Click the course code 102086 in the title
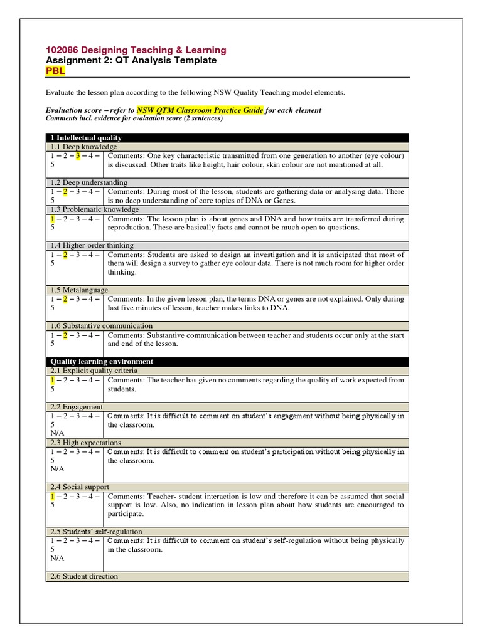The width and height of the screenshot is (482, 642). click(x=62, y=50)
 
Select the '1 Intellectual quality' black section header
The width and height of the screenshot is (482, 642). click(x=85, y=137)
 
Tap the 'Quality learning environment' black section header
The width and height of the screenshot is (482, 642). click(x=102, y=362)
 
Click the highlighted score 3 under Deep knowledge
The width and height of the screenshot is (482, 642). click(x=77, y=155)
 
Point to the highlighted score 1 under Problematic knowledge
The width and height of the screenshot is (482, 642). click(x=51, y=219)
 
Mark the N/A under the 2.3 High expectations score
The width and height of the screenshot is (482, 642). click(x=56, y=469)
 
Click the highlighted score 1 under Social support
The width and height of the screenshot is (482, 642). click(x=51, y=496)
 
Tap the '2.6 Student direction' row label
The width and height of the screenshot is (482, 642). click(x=83, y=576)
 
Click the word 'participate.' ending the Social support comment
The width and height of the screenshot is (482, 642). click(x=126, y=514)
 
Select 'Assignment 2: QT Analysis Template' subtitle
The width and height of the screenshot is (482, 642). click(x=131, y=60)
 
